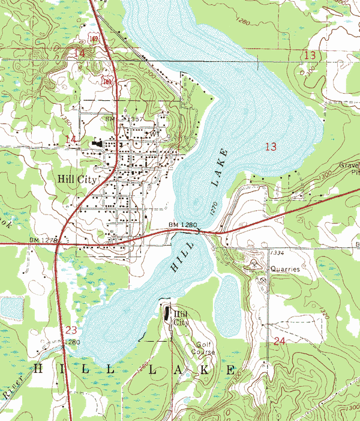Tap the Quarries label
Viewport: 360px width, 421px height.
coord(284,270)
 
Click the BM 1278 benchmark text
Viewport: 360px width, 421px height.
coord(43,240)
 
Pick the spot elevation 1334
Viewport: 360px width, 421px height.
coord(277,253)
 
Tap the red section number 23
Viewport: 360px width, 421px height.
coord(71,330)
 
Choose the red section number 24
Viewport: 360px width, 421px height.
coord(278,341)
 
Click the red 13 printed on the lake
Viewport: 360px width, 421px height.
coord(271,147)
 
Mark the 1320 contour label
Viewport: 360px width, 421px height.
coord(325,313)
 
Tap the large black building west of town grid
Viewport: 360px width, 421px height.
coord(97,144)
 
